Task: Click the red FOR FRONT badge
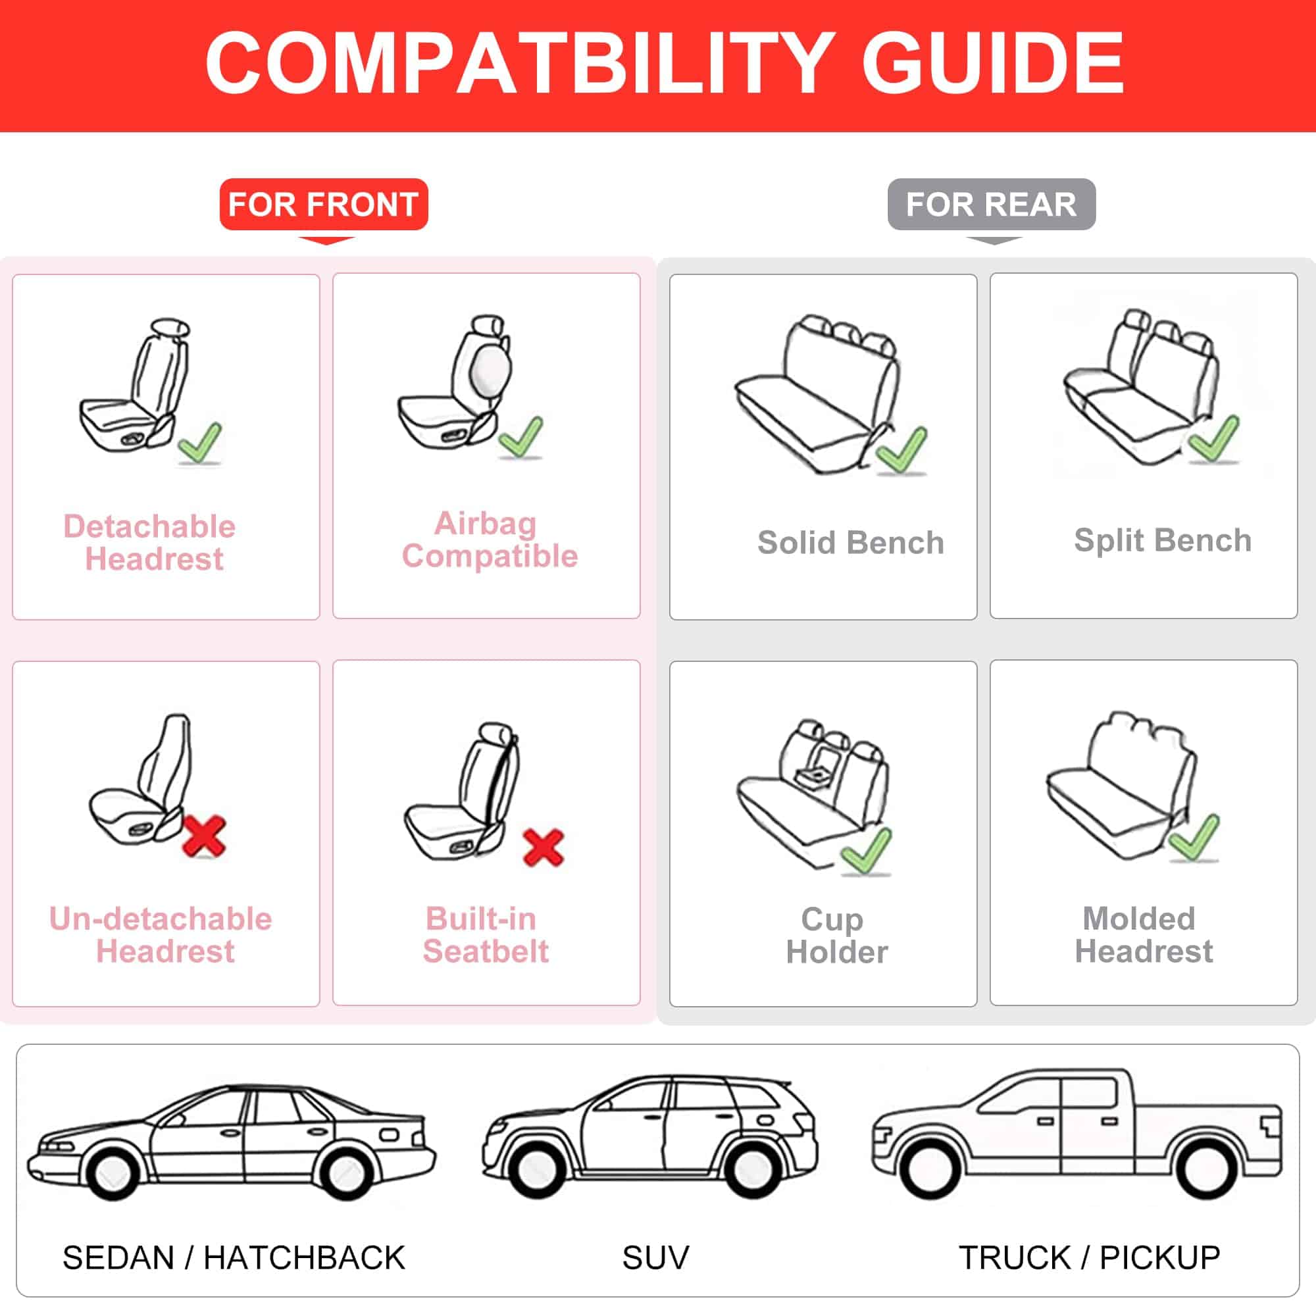point(324,205)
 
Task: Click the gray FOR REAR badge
point(991,205)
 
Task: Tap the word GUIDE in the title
point(992,63)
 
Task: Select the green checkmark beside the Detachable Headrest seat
point(200,443)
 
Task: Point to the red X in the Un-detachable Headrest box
point(205,836)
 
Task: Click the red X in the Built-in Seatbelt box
point(543,848)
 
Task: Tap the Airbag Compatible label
point(489,540)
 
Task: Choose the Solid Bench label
point(851,542)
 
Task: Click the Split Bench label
point(1163,540)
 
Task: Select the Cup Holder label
point(836,935)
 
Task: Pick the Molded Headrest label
point(1144,934)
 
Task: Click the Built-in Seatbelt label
point(485,934)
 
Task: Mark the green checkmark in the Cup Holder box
point(866,851)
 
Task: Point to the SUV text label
point(655,1257)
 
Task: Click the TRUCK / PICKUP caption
point(1089,1257)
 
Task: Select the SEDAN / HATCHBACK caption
point(234,1257)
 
